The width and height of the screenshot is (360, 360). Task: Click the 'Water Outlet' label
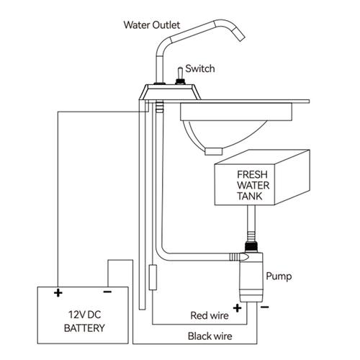tap(152, 24)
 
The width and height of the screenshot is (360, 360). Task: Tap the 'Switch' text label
tap(199, 69)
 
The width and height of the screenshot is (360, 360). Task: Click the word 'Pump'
tap(278, 276)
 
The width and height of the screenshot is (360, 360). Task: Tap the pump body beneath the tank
tap(251, 277)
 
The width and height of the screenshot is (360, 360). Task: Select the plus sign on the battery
tap(58, 292)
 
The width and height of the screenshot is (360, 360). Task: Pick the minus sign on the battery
tap(107, 292)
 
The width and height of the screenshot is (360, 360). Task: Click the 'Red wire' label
tap(210, 315)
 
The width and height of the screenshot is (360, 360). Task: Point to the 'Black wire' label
tap(209, 336)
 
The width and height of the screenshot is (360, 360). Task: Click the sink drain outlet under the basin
tap(215, 150)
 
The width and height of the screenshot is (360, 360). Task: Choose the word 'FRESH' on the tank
tap(253, 174)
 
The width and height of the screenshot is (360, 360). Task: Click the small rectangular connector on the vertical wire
tap(152, 276)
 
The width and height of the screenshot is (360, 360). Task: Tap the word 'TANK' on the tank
tap(253, 195)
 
